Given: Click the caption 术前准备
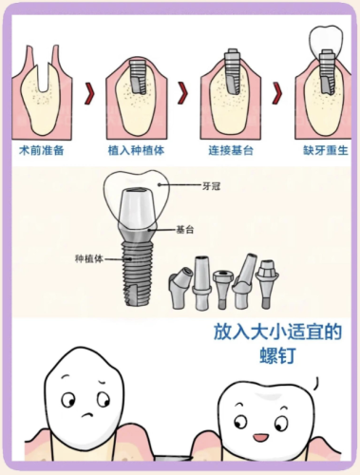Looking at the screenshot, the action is point(42,150).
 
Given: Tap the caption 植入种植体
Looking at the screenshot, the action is point(137,150).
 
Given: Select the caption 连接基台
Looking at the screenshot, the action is point(231,150).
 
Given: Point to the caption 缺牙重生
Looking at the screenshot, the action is point(326,150).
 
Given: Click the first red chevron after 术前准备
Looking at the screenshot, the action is point(89,93).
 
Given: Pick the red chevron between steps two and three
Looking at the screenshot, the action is point(182,93).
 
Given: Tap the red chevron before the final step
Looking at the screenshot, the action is point(276,93).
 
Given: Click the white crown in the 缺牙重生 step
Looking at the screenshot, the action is point(327,41).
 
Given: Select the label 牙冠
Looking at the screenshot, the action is point(211,186).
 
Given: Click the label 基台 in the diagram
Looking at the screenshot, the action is point(185,230).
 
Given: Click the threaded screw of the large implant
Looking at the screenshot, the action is point(138,273).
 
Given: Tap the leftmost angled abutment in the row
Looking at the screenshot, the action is point(180,289).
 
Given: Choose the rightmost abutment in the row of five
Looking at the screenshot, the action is point(268,284).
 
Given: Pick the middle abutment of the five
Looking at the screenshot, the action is point(223,290).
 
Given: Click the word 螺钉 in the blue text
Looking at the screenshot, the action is point(277,355).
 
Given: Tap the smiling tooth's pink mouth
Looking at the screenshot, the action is point(260,438).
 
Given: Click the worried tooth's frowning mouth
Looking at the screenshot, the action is point(89,414).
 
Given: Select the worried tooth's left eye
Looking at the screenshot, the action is point(68,400).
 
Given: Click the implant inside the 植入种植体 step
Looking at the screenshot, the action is point(138,77).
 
